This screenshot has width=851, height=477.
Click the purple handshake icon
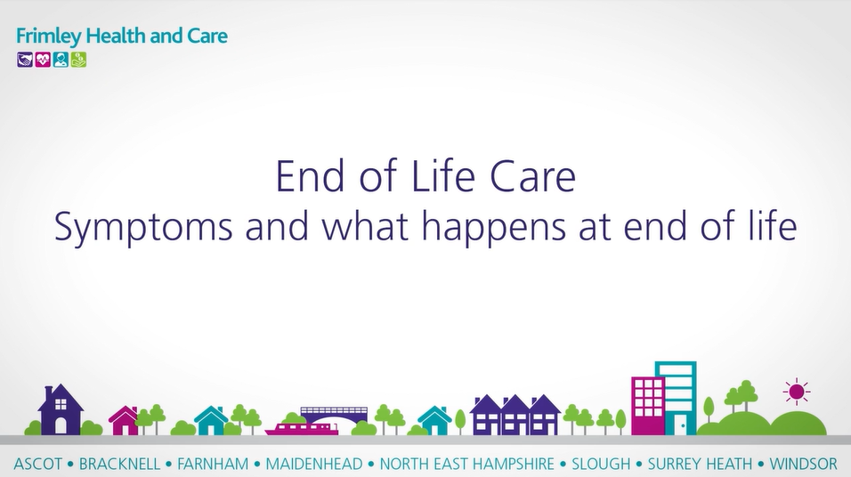pyautogui.click(x=25, y=60)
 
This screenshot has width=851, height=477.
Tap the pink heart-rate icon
pyautogui.click(x=43, y=60)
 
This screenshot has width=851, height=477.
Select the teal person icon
pyautogui.click(x=61, y=60)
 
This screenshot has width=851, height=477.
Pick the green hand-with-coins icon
pyautogui.click(x=78, y=60)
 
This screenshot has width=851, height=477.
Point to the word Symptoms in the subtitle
pyautogui.click(x=143, y=227)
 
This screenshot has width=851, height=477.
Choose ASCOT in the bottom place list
pyautogui.click(x=38, y=465)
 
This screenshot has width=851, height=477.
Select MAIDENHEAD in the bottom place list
pyautogui.click(x=313, y=465)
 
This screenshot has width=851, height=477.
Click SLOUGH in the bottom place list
pyautogui.click(x=601, y=465)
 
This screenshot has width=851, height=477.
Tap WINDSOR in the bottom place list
pyautogui.click(x=803, y=465)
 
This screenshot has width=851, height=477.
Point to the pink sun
pyautogui.click(x=797, y=392)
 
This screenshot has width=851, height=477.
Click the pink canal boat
pyautogui.click(x=302, y=428)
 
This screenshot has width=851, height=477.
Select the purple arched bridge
pyautogui.click(x=335, y=415)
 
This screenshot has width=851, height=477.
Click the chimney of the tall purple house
pyautogui.click(x=49, y=392)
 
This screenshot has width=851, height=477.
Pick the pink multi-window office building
pyautogui.click(x=647, y=406)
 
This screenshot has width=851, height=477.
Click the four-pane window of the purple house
pyautogui.click(x=61, y=404)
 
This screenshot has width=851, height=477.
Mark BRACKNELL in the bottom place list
pyautogui.click(x=120, y=465)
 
